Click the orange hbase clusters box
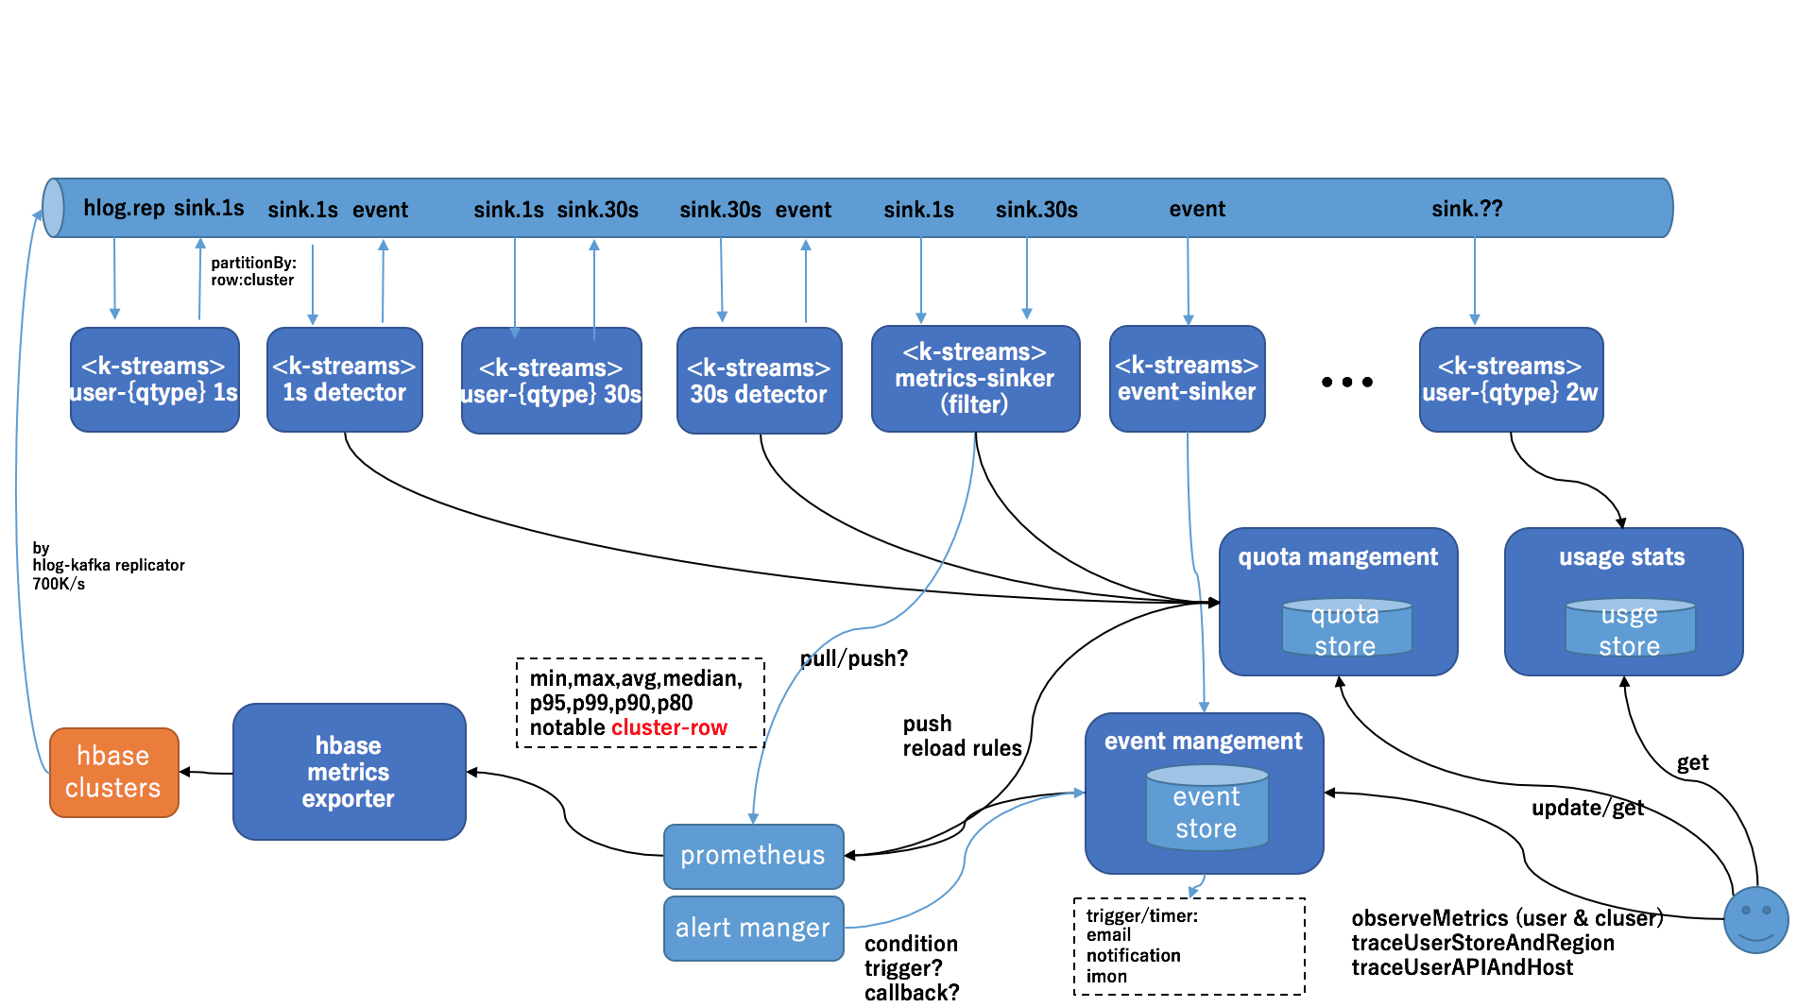113,772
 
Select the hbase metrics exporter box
349,772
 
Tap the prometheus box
753,856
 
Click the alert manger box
753,929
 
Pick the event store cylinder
1207,811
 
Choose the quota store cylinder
1345,628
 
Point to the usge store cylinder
1629,628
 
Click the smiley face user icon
1755,919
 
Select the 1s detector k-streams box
344,380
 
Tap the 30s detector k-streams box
759,381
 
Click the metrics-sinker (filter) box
975,379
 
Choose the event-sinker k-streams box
1187,379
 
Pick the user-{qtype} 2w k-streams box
1510,380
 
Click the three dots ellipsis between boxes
1346,382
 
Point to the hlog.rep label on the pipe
124,208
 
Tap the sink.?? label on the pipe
1466,209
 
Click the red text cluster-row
669,728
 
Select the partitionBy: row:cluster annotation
252,271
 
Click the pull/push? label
853,658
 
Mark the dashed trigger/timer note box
1189,946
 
